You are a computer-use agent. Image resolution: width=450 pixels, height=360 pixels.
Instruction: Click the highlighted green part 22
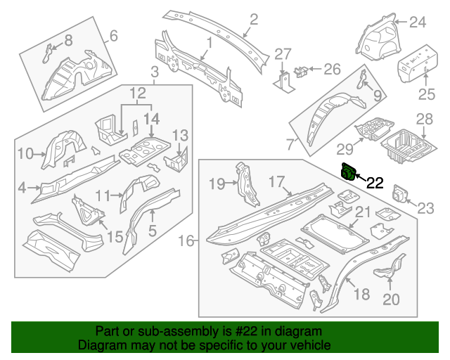[x=347, y=172]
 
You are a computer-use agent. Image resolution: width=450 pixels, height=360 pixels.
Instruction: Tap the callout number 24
[x=418, y=23]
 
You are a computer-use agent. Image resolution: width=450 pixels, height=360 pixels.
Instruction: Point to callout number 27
[x=283, y=54]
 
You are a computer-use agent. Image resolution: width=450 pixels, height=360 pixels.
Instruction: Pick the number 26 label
[x=331, y=69]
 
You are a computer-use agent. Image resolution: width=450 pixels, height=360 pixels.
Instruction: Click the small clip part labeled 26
[x=302, y=70]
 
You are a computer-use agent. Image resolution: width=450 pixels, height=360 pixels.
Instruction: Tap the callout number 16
[x=186, y=241]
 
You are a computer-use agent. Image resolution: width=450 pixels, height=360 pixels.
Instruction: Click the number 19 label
[x=218, y=184]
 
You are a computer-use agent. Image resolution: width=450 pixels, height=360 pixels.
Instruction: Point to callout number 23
[x=427, y=207]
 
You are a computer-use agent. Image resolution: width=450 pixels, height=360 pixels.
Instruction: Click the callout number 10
[x=25, y=154]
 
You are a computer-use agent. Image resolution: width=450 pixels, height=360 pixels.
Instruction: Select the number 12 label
[x=137, y=92]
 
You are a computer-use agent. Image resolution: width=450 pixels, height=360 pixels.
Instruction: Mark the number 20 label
[x=391, y=300]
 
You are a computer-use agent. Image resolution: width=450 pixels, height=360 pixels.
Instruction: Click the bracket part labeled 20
[x=385, y=272]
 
